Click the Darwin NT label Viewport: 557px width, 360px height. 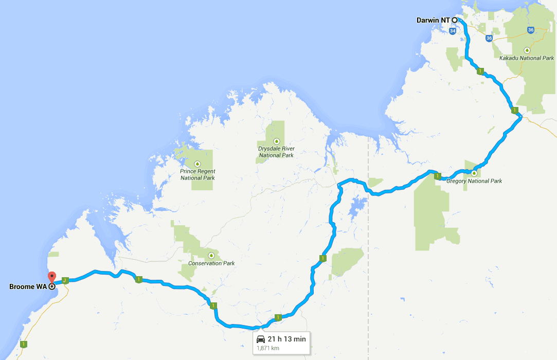click(433, 20)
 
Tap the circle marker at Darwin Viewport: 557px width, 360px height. click(455, 20)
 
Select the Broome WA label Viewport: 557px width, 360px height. click(28, 286)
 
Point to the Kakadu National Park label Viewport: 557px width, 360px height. click(527, 58)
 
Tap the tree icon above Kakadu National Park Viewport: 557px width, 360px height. click(527, 50)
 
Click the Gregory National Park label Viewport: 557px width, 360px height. click(474, 181)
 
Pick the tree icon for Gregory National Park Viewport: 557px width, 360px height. click(474, 173)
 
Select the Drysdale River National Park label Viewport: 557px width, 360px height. click(276, 152)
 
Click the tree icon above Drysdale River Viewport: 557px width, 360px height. click(276, 141)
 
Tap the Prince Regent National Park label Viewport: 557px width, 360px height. click(197, 174)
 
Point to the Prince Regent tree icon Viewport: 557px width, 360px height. click(197, 164)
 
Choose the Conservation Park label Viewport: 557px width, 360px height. click(211, 263)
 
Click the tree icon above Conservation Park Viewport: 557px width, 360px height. click(211, 255)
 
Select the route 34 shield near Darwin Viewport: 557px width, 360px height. click(452, 31)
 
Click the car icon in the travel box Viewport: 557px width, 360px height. click(261, 339)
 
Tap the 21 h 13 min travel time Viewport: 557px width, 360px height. click(286, 339)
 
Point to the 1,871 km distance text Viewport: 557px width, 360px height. click(267, 348)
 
